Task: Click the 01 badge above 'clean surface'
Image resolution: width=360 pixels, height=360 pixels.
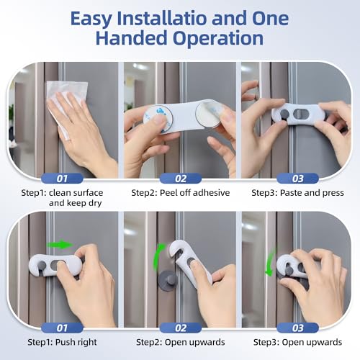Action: tap(62, 177)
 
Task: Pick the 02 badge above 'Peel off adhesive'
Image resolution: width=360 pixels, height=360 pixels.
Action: tap(179, 177)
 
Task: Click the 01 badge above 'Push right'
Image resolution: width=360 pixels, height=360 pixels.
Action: tap(62, 328)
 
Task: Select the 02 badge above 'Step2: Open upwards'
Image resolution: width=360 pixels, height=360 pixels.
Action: tap(179, 328)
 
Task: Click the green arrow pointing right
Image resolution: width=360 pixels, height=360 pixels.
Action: tap(65, 243)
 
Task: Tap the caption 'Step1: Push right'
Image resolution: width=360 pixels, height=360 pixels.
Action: tap(62, 343)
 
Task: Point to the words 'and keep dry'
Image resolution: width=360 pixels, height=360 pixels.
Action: tap(63, 204)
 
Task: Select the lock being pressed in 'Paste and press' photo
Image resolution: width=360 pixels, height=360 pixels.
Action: tap(294, 114)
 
